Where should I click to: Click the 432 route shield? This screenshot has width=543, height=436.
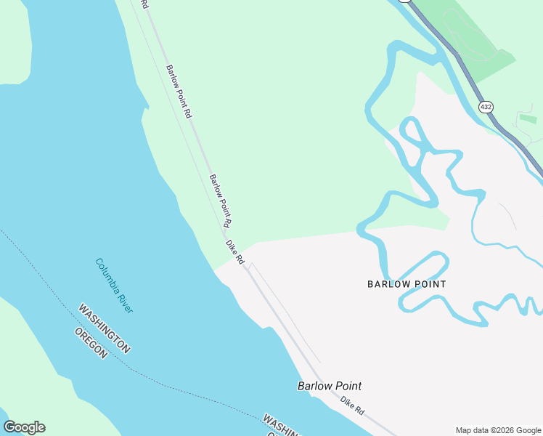485,107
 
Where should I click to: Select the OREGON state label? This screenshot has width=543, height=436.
91,343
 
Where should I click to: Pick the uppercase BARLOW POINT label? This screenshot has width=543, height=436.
407,284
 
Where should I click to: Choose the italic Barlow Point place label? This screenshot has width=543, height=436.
329,386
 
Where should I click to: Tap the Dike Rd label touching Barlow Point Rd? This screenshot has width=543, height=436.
234,251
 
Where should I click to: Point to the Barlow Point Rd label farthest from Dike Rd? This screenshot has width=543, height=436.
179,92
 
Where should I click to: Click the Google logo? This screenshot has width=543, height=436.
24,427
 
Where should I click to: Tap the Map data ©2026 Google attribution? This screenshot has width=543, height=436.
498,430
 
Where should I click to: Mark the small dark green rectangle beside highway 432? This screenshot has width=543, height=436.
528,118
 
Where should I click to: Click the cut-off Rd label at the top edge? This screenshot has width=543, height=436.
144,4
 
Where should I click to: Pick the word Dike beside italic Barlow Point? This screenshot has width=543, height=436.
347,403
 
